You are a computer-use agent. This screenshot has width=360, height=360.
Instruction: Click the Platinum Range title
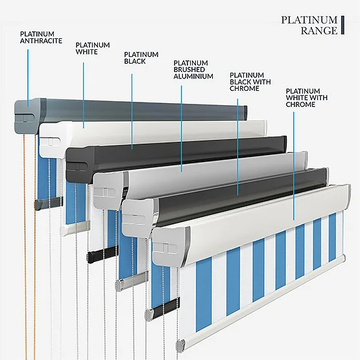(309, 25)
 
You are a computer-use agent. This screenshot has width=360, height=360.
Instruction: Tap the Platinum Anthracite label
(41, 38)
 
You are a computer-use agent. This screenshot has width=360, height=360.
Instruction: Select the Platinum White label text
(93, 48)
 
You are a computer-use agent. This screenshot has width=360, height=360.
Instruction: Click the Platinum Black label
(141, 58)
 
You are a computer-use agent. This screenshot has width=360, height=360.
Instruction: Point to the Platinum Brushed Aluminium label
(193, 69)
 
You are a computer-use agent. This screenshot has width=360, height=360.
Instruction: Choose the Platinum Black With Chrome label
(250, 82)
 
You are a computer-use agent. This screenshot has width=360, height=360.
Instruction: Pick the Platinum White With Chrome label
(307, 97)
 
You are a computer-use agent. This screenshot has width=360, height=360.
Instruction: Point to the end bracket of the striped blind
(171, 246)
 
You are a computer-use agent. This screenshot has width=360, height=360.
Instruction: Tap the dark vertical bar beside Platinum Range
(342, 25)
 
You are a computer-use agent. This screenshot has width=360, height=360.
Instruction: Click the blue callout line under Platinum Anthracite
(28, 78)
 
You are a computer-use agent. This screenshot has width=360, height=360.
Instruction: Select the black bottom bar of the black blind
(102, 254)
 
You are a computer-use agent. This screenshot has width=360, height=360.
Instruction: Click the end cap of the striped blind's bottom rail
(180, 346)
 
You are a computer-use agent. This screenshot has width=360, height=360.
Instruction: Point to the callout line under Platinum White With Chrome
(294, 166)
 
